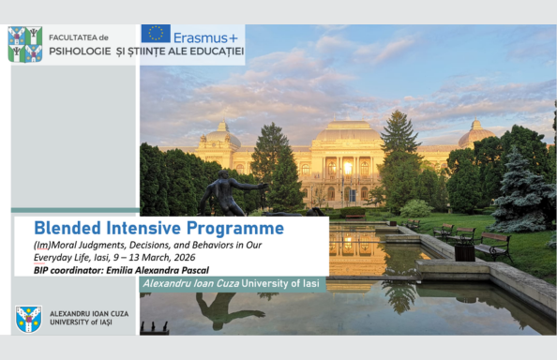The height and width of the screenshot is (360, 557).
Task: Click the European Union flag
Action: [156, 35]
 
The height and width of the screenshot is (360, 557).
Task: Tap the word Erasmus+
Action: [204, 36]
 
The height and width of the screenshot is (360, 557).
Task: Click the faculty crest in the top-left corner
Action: [24, 44]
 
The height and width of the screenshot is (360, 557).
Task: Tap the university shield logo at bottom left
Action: [29, 319]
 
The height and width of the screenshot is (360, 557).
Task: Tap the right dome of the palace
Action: [475, 133]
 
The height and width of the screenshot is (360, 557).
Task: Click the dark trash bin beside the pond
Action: [464, 250]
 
